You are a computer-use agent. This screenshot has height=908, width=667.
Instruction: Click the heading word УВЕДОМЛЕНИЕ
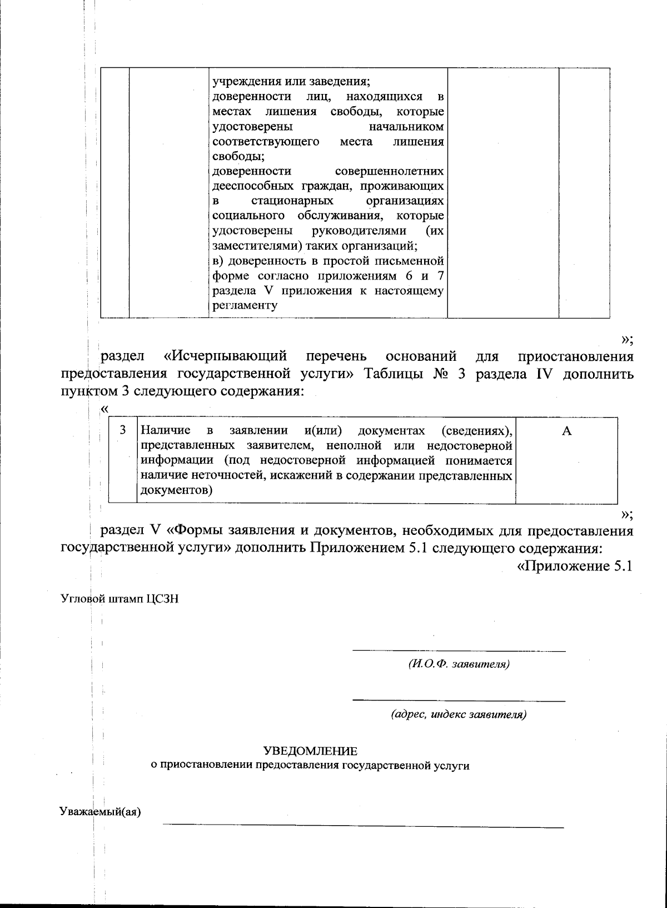click(310, 751)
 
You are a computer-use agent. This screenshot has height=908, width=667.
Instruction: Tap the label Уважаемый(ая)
click(100, 811)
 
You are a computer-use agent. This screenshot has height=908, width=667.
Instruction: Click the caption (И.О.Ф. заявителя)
click(459, 664)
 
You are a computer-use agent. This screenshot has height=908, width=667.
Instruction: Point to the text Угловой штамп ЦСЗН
click(119, 599)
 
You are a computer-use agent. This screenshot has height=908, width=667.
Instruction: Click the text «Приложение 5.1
click(575, 567)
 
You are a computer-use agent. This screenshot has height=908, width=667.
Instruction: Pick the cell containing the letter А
click(566, 431)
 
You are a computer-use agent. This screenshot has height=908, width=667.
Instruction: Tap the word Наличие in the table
click(166, 430)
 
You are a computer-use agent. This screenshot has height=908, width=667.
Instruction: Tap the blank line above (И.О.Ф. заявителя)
click(459, 649)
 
